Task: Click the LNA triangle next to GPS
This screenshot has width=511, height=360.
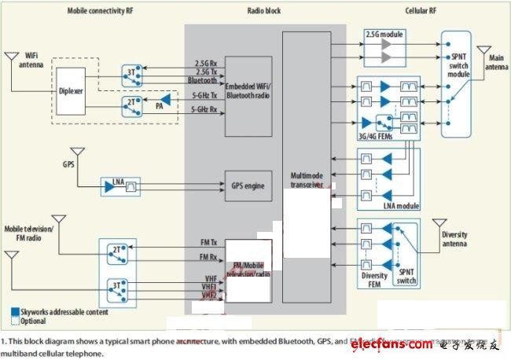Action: [108, 186]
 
